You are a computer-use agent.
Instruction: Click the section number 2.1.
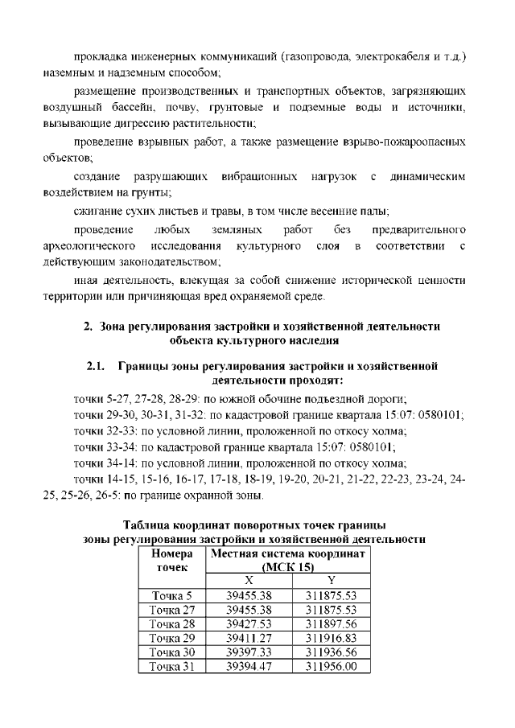click(x=97, y=367)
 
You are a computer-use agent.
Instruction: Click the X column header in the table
click(x=248, y=582)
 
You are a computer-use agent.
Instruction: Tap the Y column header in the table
click(x=331, y=582)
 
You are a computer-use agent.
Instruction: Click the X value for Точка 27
click(x=249, y=610)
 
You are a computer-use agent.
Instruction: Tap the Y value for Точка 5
click(x=331, y=596)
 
